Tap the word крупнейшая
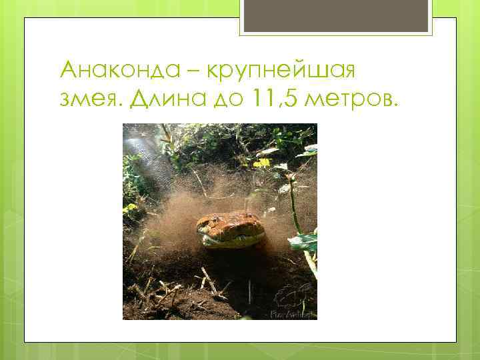point(289,71)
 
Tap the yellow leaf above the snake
point(261,162)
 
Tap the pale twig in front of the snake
point(211,280)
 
